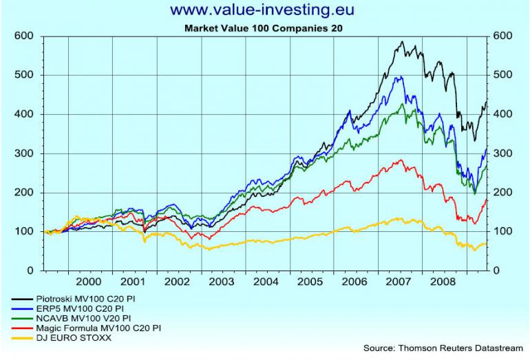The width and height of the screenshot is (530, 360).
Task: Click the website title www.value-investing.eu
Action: [x=264, y=10]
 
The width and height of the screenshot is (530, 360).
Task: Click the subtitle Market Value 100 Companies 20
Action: [x=264, y=28]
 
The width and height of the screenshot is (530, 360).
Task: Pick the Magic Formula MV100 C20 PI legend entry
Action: [x=90, y=328]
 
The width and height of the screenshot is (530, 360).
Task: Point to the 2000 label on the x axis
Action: [x=89, y=282]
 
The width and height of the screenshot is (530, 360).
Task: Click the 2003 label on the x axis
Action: [x=220, y=282]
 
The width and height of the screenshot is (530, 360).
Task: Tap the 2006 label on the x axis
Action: [x=353, y=282]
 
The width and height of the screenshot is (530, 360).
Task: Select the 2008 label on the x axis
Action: [x=441, y=282]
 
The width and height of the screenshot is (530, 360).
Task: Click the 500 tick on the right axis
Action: [x=504, y=75]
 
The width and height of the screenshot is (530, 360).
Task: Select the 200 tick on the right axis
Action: [x=504, y=193]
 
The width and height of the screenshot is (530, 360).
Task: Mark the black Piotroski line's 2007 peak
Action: [x=401, y=42]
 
